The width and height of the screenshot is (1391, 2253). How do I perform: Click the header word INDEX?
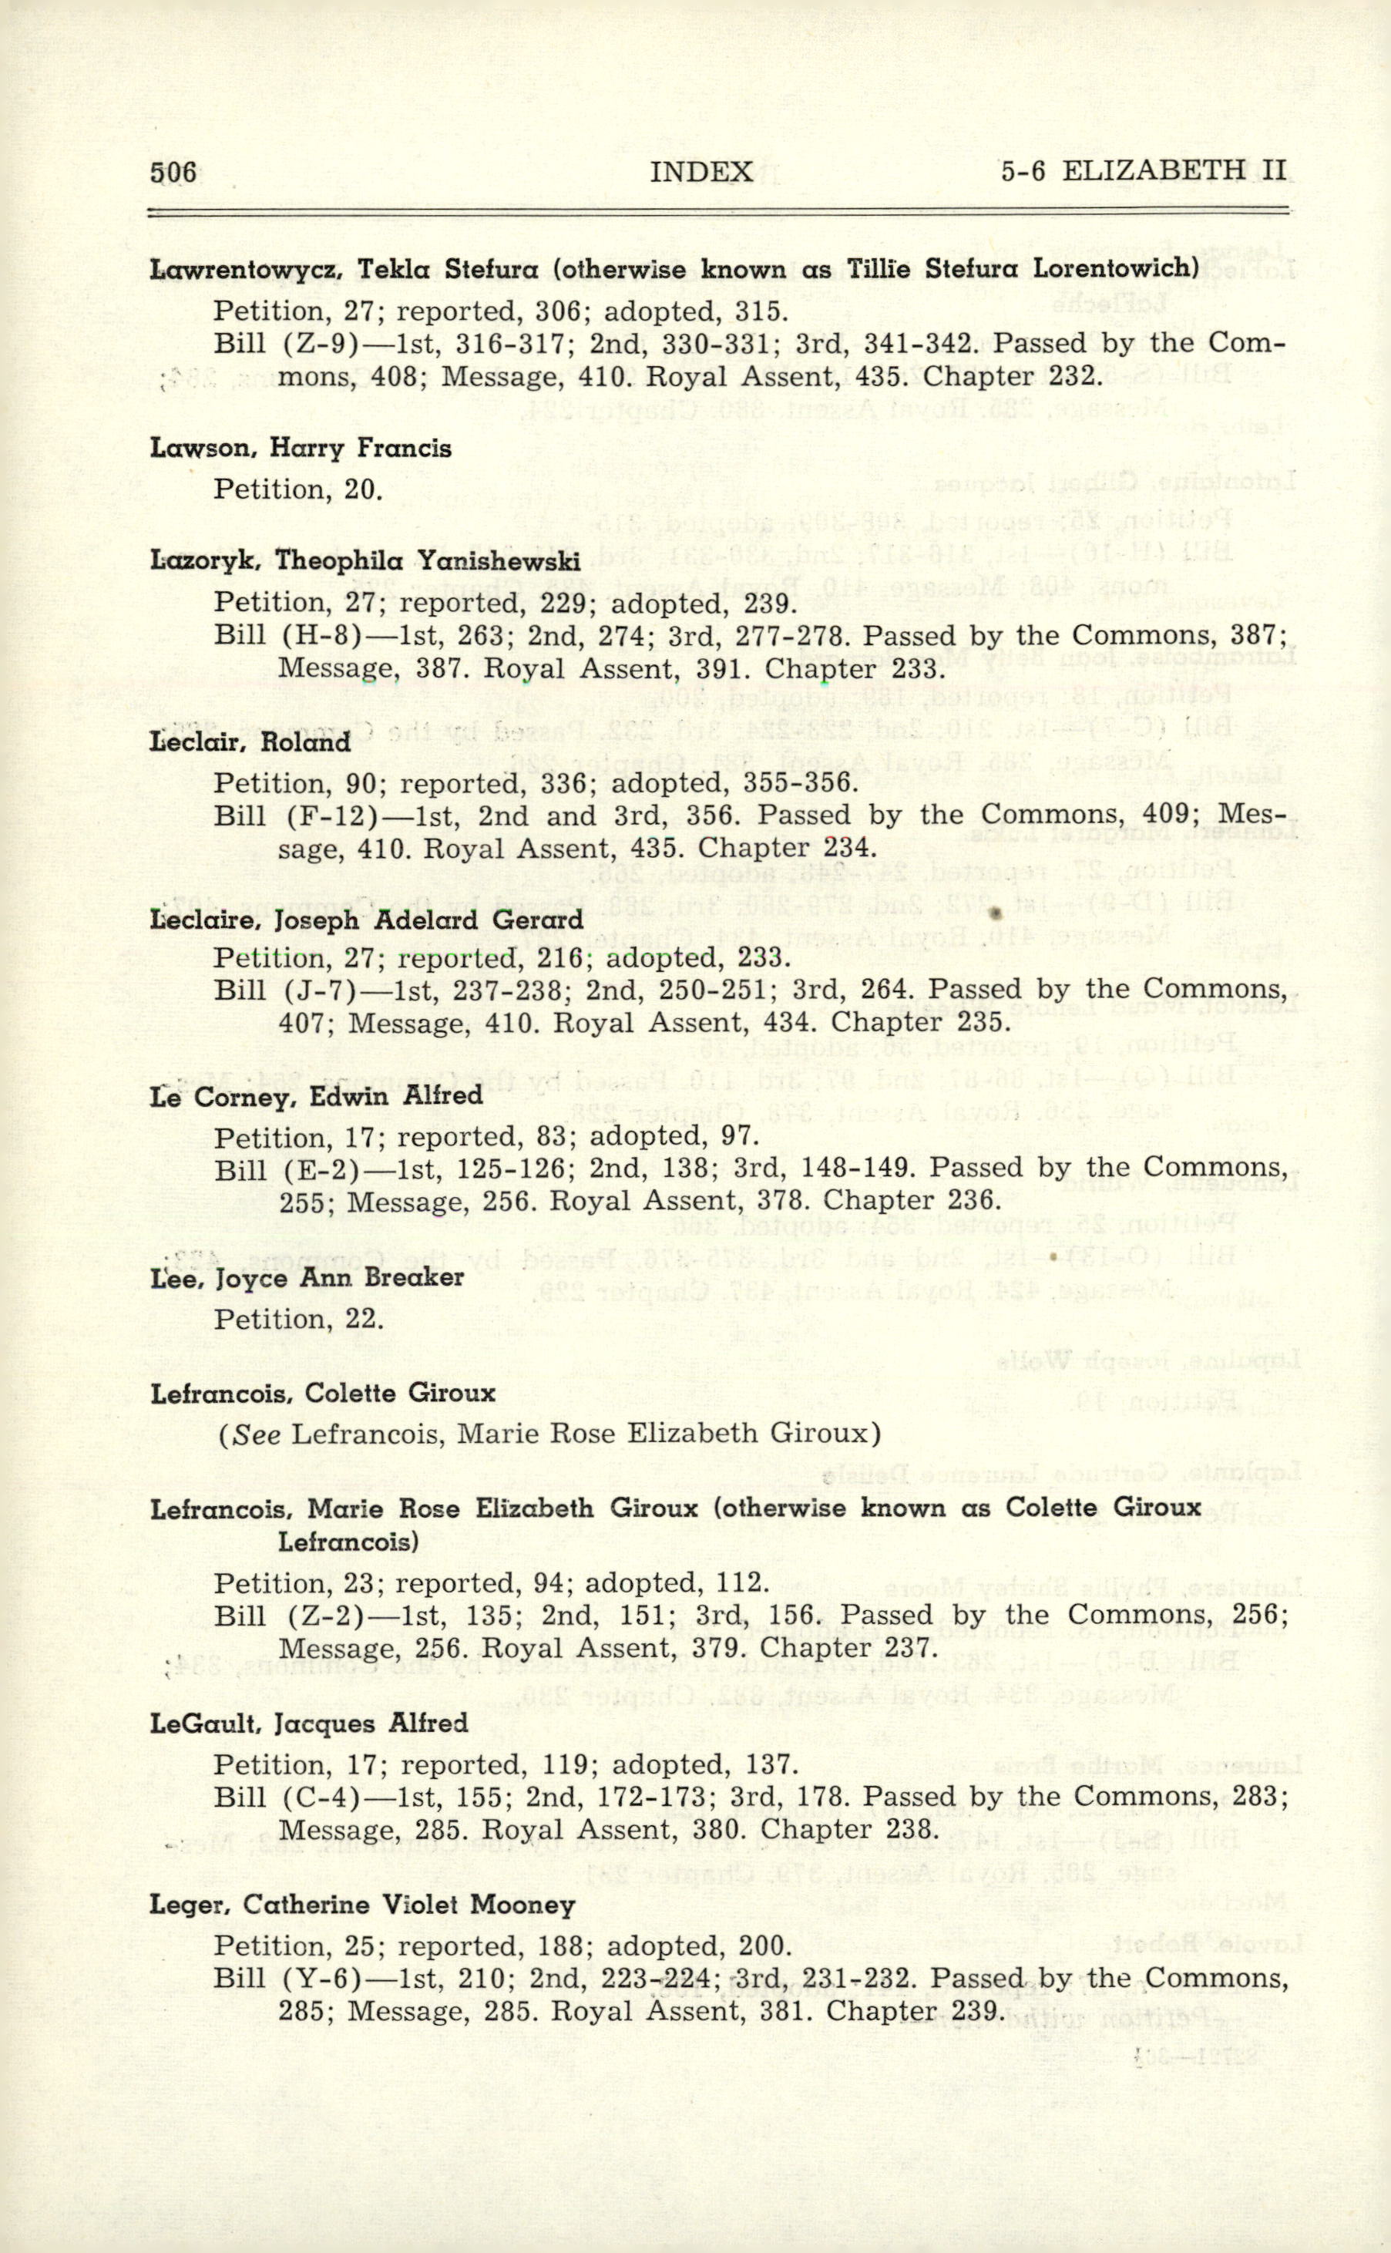point(701,172)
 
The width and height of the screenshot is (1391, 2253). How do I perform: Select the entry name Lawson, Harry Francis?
point(301,449)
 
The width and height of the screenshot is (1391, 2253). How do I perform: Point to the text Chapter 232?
point(1011,376)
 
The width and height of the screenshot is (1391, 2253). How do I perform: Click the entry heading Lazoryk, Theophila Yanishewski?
point(365,560)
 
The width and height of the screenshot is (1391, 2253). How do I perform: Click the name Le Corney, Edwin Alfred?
point(317,1096)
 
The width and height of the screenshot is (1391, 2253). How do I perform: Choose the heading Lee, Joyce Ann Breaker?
point(307,1278)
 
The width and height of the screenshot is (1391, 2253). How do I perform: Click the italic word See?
point(257,1434)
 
